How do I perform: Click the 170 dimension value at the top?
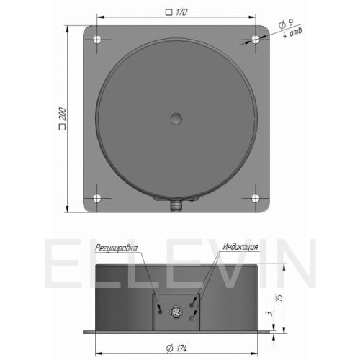click(x=181, y=12)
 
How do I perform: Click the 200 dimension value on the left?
click(x=63, y=114)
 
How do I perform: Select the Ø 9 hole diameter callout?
click(x=287, y=24)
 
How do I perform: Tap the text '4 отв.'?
click(x=292, y=32)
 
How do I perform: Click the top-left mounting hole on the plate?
click(x=97, y=40)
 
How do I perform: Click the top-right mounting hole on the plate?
click(x=256, y=40)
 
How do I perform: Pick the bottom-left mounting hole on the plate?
click(x=97, y=198)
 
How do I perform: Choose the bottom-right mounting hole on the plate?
click(x=256, y=198)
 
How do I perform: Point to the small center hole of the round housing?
click(x=176, y=119)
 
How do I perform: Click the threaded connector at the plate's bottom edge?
click(x=176, y=206)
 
